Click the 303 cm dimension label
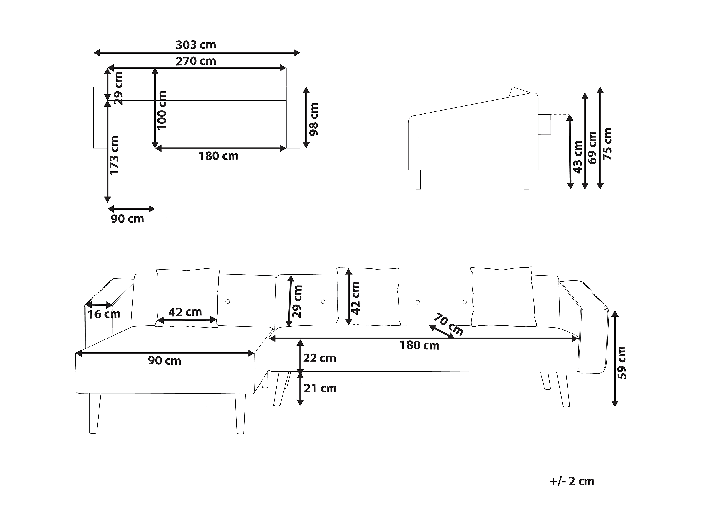(x=196, y=45)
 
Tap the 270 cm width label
(x=196, y=61)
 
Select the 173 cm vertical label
(x=114, y=155)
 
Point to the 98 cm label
(x=314, y=119)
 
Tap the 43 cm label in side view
(x=578, y=157)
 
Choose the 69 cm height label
(x=592, y=148)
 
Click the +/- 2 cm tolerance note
(x=572, y=481)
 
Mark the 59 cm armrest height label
(x=622, y=363)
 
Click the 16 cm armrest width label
(x=104, y=314)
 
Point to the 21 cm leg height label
(x=320, y=388)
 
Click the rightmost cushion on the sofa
(x=502, y=297)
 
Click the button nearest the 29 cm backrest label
(x=323, y=301)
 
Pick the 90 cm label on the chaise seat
(x=164, y=360)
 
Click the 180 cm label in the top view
(x=218, y=156)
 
